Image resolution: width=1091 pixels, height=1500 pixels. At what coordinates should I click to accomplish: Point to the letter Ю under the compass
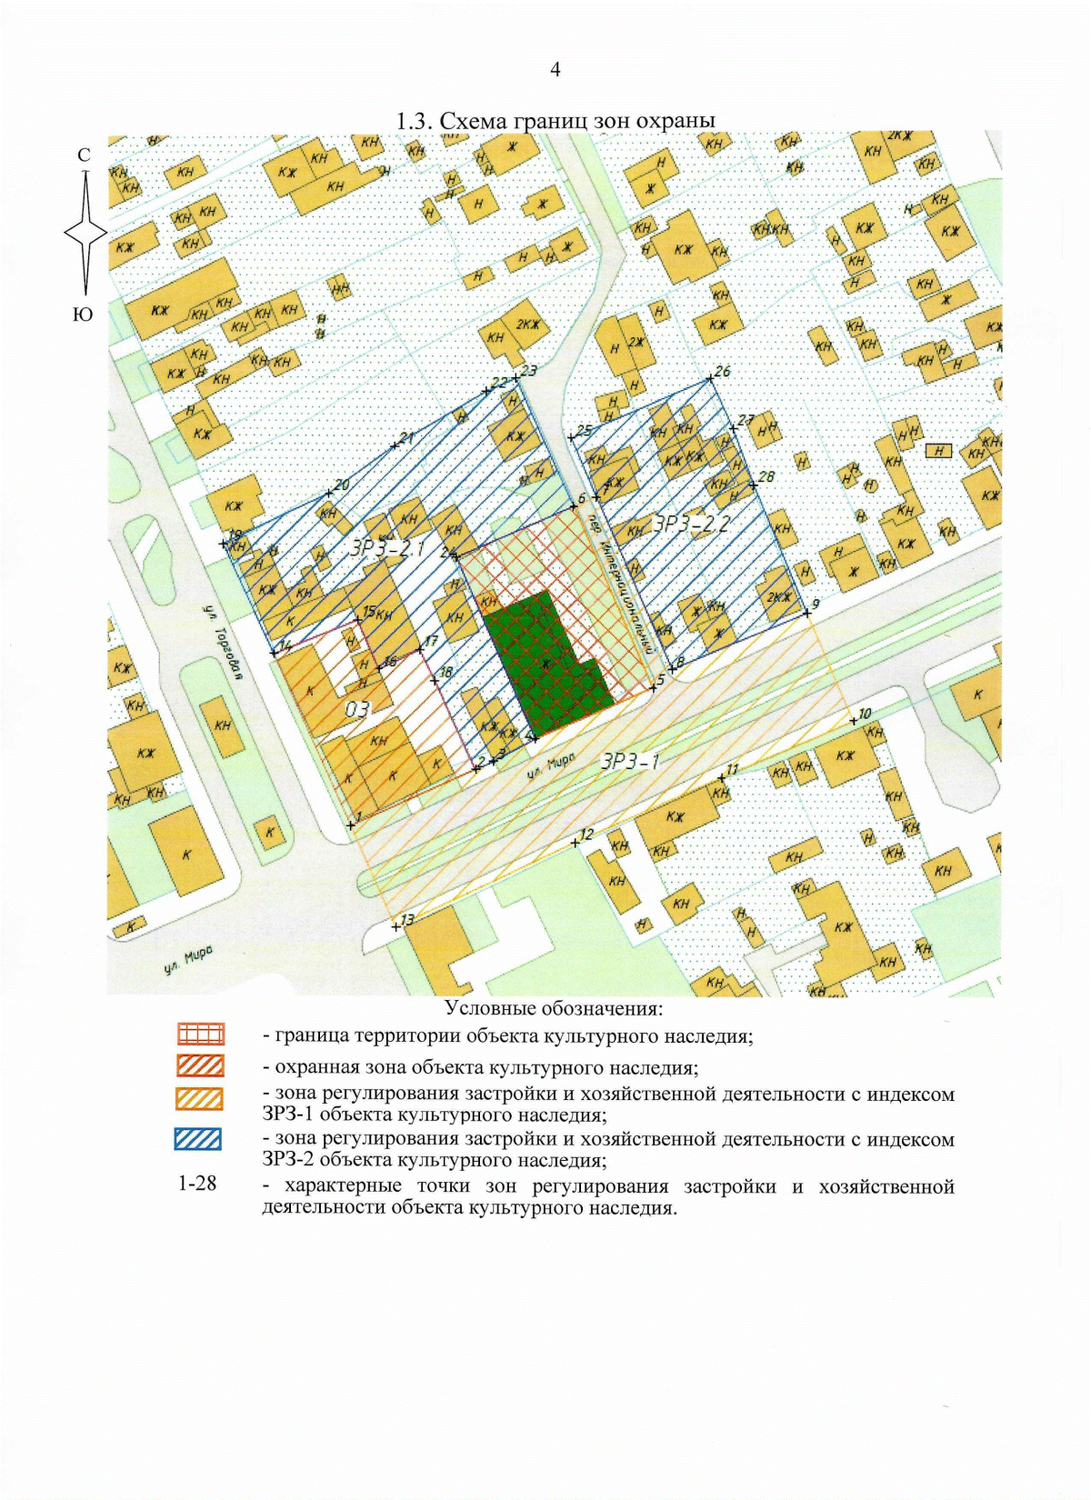(x=82, y=315)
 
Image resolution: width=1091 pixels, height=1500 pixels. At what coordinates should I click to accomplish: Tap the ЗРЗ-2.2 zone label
(x=692, y=524)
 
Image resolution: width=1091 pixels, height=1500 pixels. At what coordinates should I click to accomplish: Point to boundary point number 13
(x=395, y=926)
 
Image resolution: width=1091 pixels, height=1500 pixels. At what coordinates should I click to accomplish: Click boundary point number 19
(x=224, y=544)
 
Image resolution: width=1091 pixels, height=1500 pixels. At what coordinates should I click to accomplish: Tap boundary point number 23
(x=515, y=376)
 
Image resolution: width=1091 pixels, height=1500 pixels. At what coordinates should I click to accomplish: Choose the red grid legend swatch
(x=201, y=1035)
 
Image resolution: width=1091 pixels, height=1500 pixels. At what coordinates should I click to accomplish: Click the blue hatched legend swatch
(x=198, y=1139)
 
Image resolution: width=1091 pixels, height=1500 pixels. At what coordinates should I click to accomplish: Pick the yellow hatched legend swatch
(x=199, y=1098)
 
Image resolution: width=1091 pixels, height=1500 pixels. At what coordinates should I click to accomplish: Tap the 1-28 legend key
(x=197, y=1184)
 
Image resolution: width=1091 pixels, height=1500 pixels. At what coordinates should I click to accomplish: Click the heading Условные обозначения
(x=554, y=1008)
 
